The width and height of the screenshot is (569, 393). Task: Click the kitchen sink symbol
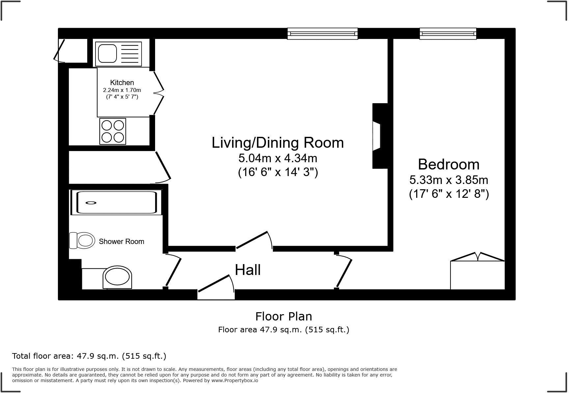pyautogui.click(x=118, y=54)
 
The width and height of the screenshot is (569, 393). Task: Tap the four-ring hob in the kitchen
pyautogui.click(x=113, y=131)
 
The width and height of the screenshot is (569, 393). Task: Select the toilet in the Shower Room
pyautogui.click(x=82, y=240)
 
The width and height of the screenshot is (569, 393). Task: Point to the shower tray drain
pyautogui.click(x=91, y=203)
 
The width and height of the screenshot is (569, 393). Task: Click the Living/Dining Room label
pyautogui.click(x=278, y=142)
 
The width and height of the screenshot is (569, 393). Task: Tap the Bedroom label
pyautogui.click(x=448, y=164)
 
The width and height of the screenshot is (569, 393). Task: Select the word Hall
pyautogui.click(x=248, y=270)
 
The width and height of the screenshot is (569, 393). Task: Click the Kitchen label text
pyautogui.click(x=122, y=82)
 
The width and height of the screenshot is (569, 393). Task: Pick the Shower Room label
pyautogui.click(x=122, y=241)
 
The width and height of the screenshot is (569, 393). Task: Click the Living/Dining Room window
pyautogui.click(x=322, y=34)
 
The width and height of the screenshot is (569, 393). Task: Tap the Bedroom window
pyautogui.click(x=448, y=34)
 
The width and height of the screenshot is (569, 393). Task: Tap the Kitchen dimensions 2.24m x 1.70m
pyautogui.click(x=122, y=90)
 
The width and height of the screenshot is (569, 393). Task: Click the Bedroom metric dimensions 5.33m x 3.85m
pyautogui.click(x=448, y=180)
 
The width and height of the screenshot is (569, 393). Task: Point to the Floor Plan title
pyautogui.click(x=284, y=316)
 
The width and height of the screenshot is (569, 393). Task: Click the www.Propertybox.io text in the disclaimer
pyautogui.click(x=234, y=380)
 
